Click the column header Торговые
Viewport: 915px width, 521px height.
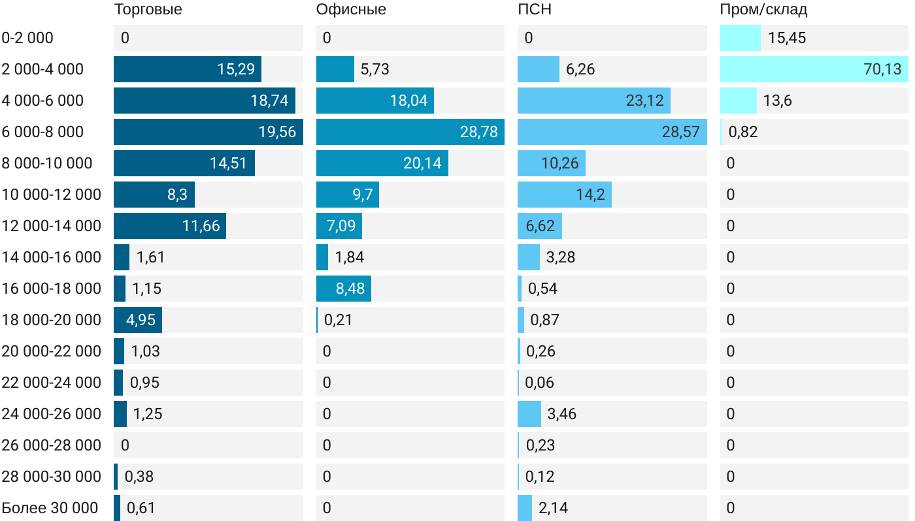click(148, 9)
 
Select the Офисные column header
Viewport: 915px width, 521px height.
click(351, 9)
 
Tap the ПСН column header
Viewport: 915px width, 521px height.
click(530, 9)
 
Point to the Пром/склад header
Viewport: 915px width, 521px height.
click(763, 9)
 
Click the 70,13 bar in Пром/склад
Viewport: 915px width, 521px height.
click(814, 69)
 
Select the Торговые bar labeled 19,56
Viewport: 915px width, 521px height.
click(208, 132)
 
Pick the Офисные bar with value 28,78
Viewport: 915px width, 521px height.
click(410, 132)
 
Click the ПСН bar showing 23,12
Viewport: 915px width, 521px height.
click(593, 101)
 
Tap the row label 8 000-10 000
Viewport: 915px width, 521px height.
click(47, 163)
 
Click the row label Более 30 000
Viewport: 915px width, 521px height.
click(50, 508)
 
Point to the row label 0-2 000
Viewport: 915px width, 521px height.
click(27, 38)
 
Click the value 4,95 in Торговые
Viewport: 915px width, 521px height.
click(141, 320)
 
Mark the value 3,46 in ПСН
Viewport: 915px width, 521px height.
click(562, 414)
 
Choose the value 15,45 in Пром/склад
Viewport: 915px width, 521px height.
click(787, 38)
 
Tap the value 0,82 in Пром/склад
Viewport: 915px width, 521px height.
click(743, 132)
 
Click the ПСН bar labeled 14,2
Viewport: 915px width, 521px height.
click(564, 195)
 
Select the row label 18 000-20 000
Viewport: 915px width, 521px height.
click(52, 320)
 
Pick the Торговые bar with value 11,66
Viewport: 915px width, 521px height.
click(169, 226)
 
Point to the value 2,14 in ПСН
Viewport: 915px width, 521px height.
click(554, 508)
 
